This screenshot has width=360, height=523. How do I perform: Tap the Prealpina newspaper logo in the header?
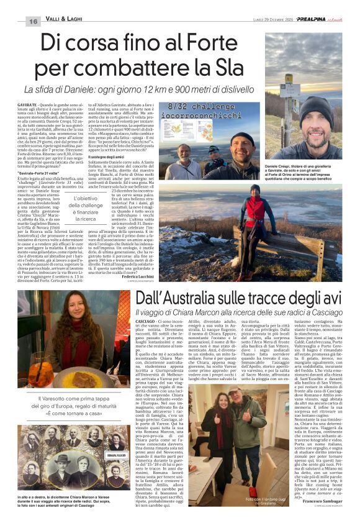click(x=310, y=20)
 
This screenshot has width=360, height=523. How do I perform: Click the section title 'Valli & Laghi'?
click(x=65, y=22)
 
